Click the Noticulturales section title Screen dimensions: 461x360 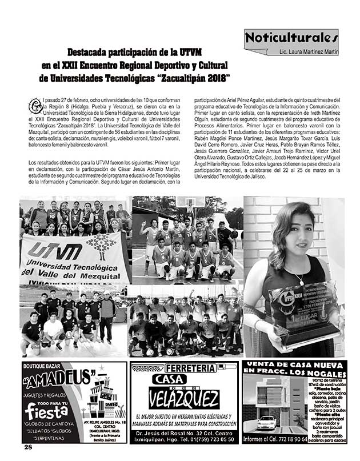coord(291,39)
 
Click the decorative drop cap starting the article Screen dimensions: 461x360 coord(33,105)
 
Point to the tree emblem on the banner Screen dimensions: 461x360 coord(102,246)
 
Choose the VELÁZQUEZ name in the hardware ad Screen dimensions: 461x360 coord(183,399)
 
